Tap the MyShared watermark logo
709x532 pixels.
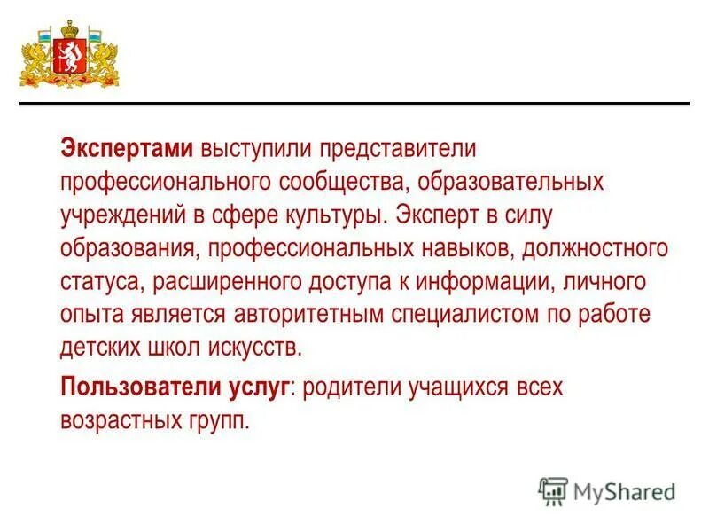(x=606, y=490)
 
